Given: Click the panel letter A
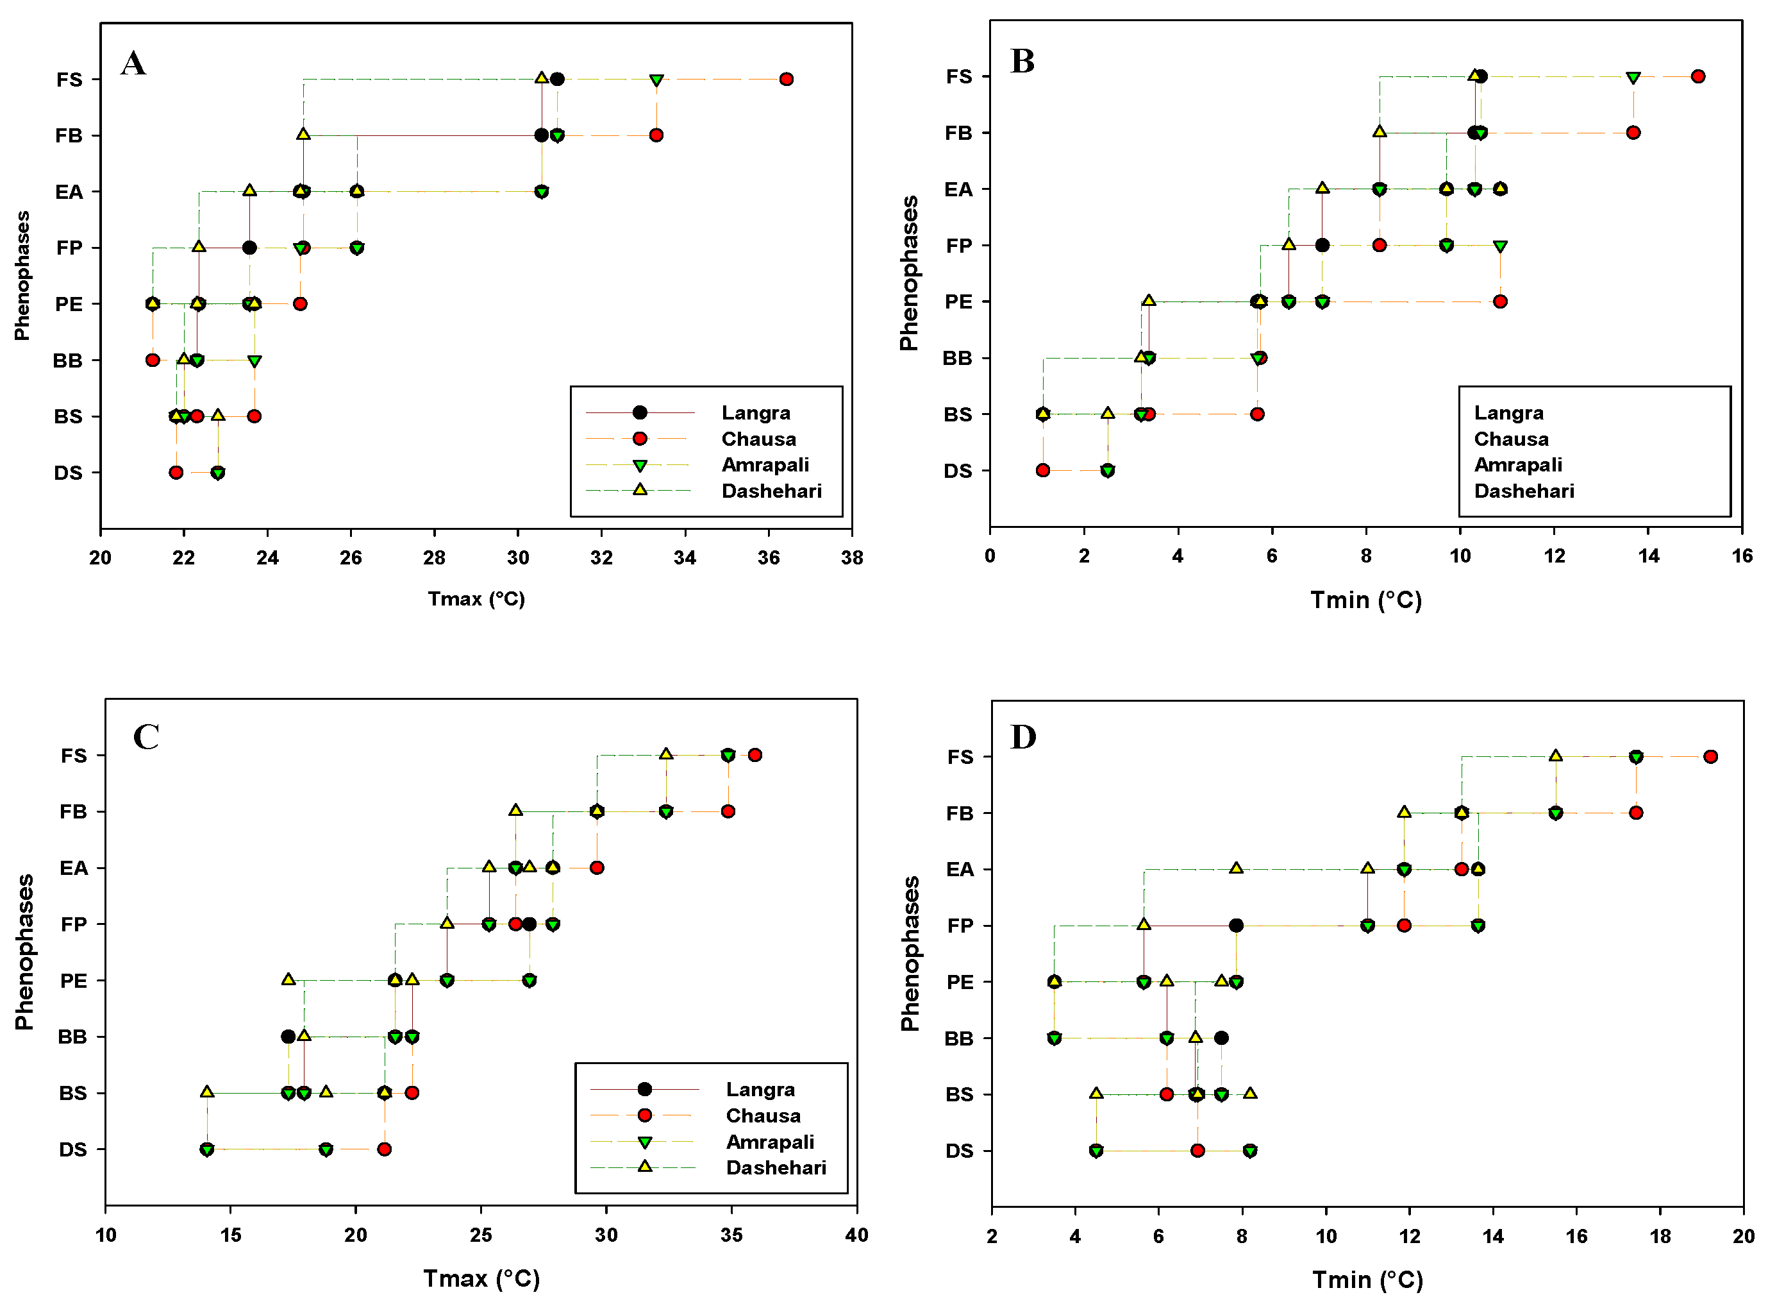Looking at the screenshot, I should click(x=133, y=63).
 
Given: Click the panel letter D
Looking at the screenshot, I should click(x=1022, y=736).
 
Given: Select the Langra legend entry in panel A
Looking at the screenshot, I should click(x=755, y=413).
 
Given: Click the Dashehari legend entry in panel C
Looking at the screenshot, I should click(x=775, y=1167).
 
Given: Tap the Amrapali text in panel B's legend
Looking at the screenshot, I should click(x=1517, y=464).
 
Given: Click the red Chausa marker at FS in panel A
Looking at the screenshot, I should click(x=786, y=79).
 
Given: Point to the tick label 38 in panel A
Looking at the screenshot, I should click(x=851, y=558).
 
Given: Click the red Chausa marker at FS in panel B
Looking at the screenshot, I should click(x=1697, y=76).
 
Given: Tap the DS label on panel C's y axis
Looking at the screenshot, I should click(x=72, y=1149).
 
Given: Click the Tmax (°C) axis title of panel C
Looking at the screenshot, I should click(x=481, y=1278).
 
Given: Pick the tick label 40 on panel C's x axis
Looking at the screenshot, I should click(x=856, y=1235).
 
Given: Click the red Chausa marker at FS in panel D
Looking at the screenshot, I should click(x=1710, y=756).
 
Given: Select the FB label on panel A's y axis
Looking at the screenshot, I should click(x=69, y=136).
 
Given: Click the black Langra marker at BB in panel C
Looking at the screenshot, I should click(x=288, y=1037).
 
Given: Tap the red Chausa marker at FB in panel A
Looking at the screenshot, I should click(x=656, y=135).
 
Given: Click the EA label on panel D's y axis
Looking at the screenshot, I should click(x=960, y=869).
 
